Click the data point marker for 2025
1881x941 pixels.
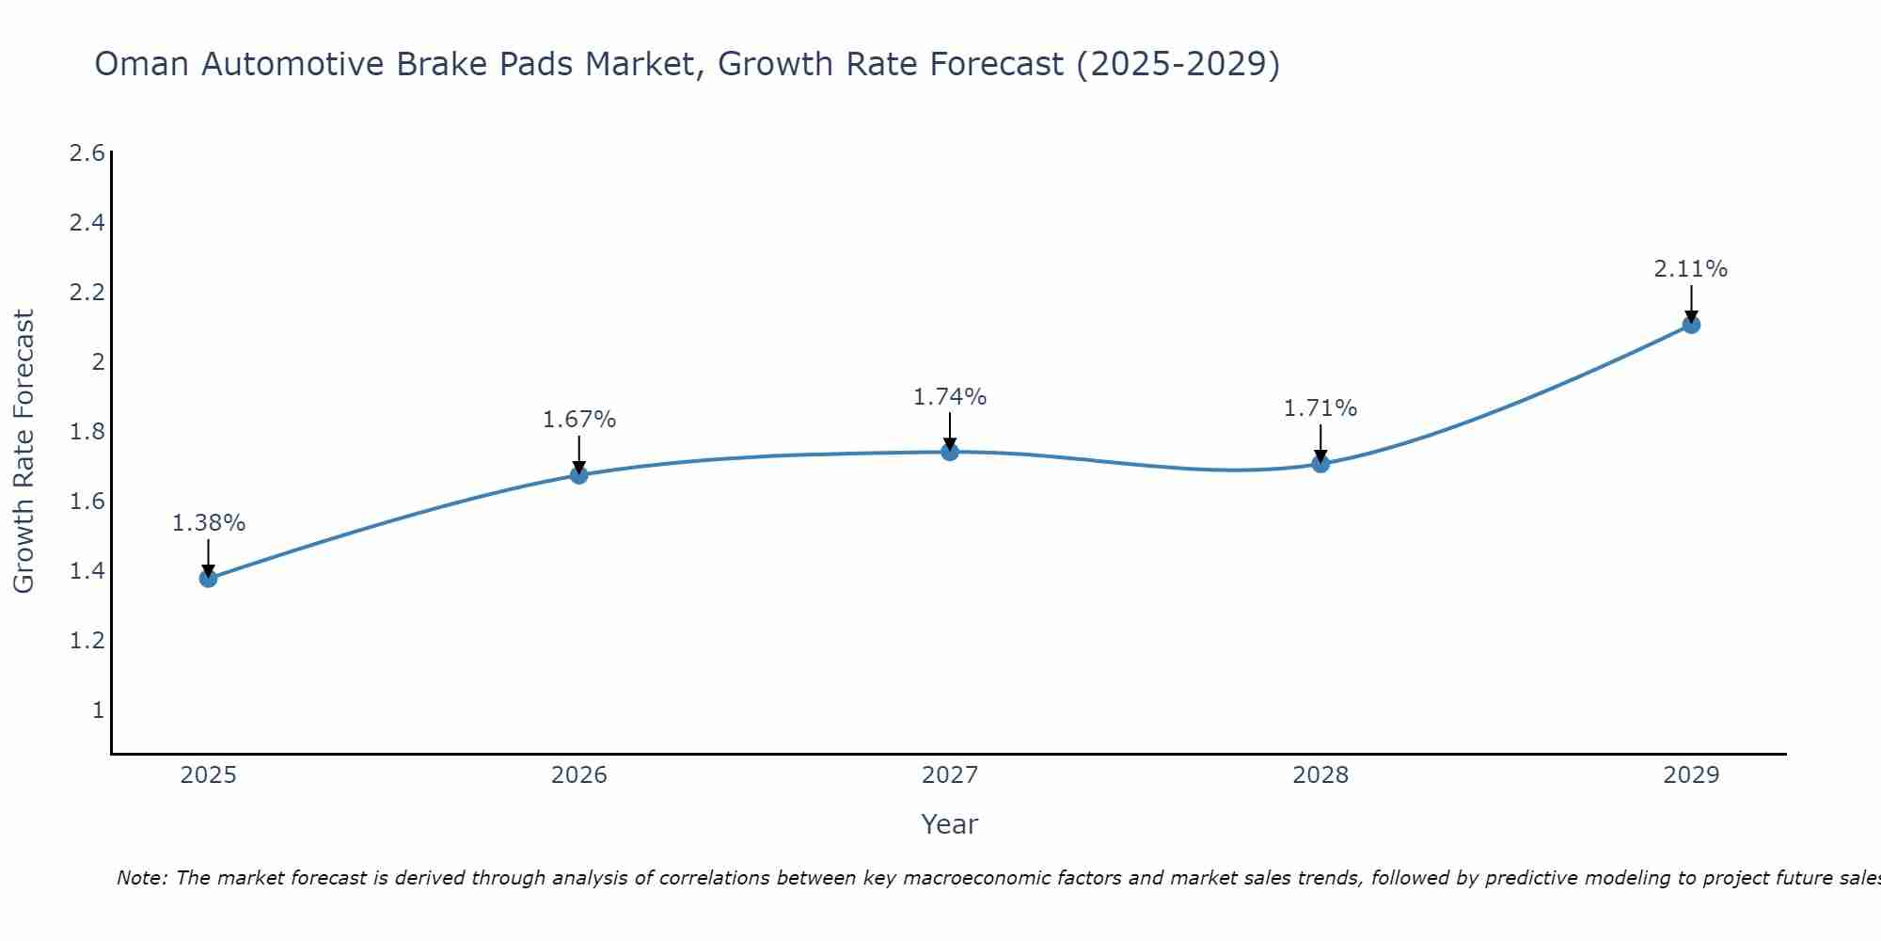coord(208,578)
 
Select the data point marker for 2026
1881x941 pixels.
coord(578,475)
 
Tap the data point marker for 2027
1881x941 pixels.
coord(950,452)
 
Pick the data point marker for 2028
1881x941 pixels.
coord(1320,463)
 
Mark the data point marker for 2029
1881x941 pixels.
coord(1691,325)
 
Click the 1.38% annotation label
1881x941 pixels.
coord(208,523)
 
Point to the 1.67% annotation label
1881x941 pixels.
coord(578,420)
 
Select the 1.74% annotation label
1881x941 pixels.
coord(950,397)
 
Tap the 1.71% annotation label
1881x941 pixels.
coord(1320,408)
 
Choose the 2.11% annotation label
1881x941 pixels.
coord(1691,269)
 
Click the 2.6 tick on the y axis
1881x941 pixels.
coord(87,153)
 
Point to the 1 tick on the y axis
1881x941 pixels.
coord(97,710)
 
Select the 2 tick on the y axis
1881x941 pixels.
coord(97,362)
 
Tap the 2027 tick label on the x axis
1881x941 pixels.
coord(950,775)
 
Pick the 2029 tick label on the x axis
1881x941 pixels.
coord(1691,775)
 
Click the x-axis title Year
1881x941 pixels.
coord(950,824)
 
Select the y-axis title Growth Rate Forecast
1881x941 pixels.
coord(24,452)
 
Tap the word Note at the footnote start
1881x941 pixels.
coord(141,878)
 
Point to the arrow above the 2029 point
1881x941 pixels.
coord(1691,303)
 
